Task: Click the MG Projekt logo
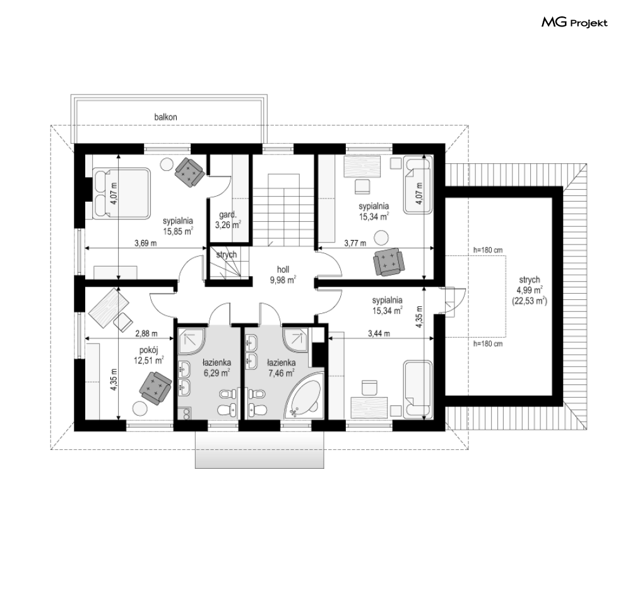pos(574,23)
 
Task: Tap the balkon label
pos(165,117)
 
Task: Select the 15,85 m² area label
pos(178,231)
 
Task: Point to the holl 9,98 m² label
pos(283,275)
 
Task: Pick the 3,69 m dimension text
pos(145,243)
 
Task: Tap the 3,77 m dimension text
pos(355,243)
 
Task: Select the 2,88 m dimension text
pos(146,333)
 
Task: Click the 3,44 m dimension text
pos(379,333)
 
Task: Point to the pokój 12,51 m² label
pos(148,355)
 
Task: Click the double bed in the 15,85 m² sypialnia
pos(121,193)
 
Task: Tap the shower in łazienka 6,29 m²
pos(191,341)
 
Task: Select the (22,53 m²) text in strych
pos(530,301)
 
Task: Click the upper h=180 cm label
pos(488,250)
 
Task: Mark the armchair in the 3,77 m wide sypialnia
pos(388,262)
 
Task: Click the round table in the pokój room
pos(139,408)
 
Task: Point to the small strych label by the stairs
pos(227,255)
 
